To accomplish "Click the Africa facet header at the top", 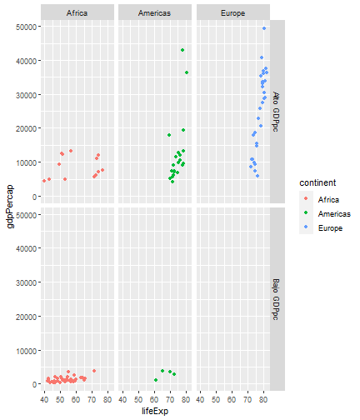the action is pos(77,12).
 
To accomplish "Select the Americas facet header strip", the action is pos(155,12).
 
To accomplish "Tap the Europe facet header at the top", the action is pos(233,12).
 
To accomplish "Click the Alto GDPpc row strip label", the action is pos(276,112).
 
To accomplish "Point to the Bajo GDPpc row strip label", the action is pos(276,299).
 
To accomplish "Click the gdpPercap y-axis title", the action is pos(10,207).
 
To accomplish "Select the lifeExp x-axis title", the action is pos(155,411).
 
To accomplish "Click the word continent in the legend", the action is pos(317,182).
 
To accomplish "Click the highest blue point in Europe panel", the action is pos(264,28).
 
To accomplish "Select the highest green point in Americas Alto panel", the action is pos(182,50).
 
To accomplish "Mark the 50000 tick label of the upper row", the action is pos(27,27).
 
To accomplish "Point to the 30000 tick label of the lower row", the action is pos(27,282).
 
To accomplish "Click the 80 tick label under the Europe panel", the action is pos(263,400).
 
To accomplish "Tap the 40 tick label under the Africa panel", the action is pos(44,400).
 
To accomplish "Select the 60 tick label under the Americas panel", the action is pos(154,400).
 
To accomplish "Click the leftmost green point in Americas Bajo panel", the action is pos(156,380).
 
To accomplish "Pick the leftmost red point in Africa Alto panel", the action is pos(44,181).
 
